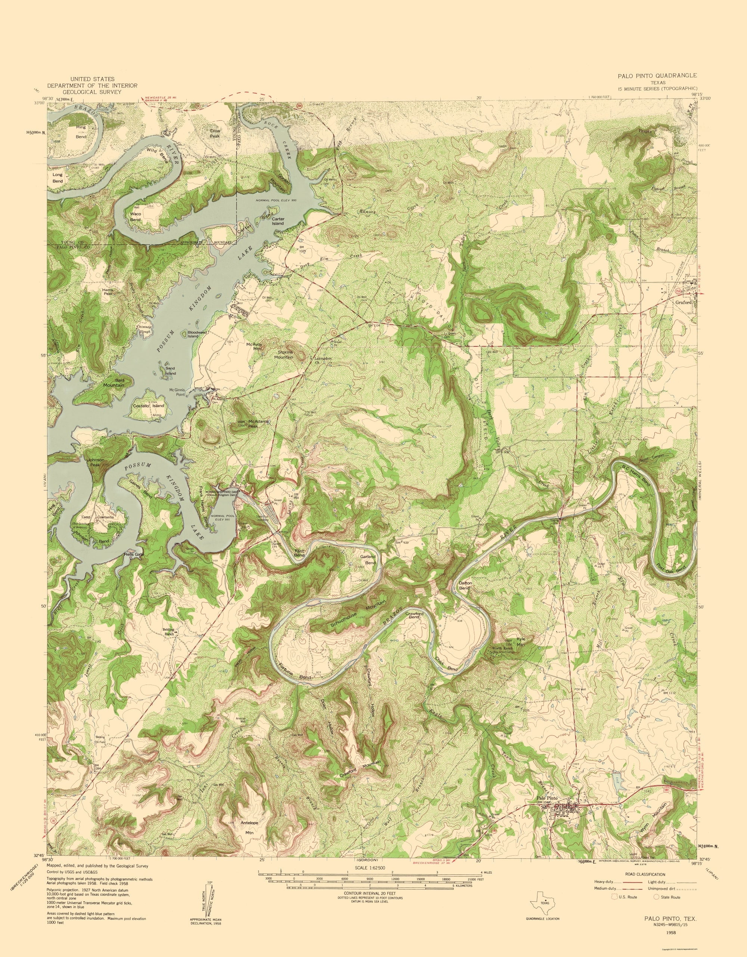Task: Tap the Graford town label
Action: pyautogui.click(x=683, y=302)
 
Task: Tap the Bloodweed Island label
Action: pyautogui.click(x=196, y=334)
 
